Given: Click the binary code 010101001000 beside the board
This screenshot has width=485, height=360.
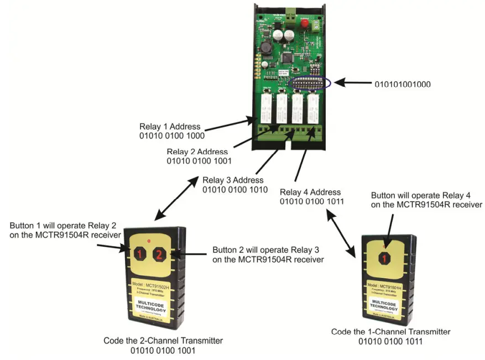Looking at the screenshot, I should point(402,85).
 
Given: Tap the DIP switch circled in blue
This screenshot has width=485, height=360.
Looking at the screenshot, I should point(310,84).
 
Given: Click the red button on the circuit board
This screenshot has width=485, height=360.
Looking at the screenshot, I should point(305,23).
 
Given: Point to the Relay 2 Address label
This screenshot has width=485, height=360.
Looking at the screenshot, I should point(197,152).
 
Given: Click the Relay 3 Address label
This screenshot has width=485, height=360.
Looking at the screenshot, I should point(233,180).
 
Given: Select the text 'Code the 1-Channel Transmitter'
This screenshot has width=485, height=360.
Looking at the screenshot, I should point(390,332).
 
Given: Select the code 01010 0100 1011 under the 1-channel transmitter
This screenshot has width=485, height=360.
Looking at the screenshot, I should point(390,342).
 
